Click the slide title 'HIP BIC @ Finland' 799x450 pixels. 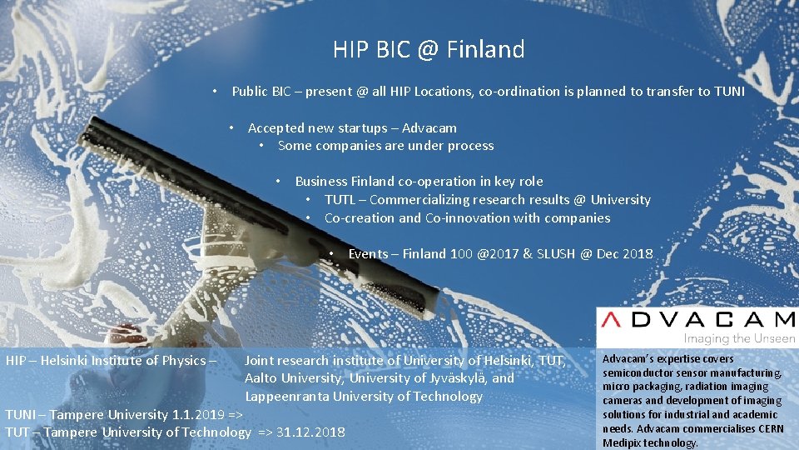tap(429, 50)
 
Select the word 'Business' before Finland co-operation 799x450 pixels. tap(321, 181)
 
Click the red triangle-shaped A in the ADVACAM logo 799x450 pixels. tap(614, 319)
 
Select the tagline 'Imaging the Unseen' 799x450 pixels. tap(739, 338)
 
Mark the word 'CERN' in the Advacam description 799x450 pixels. tap(771, 428)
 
